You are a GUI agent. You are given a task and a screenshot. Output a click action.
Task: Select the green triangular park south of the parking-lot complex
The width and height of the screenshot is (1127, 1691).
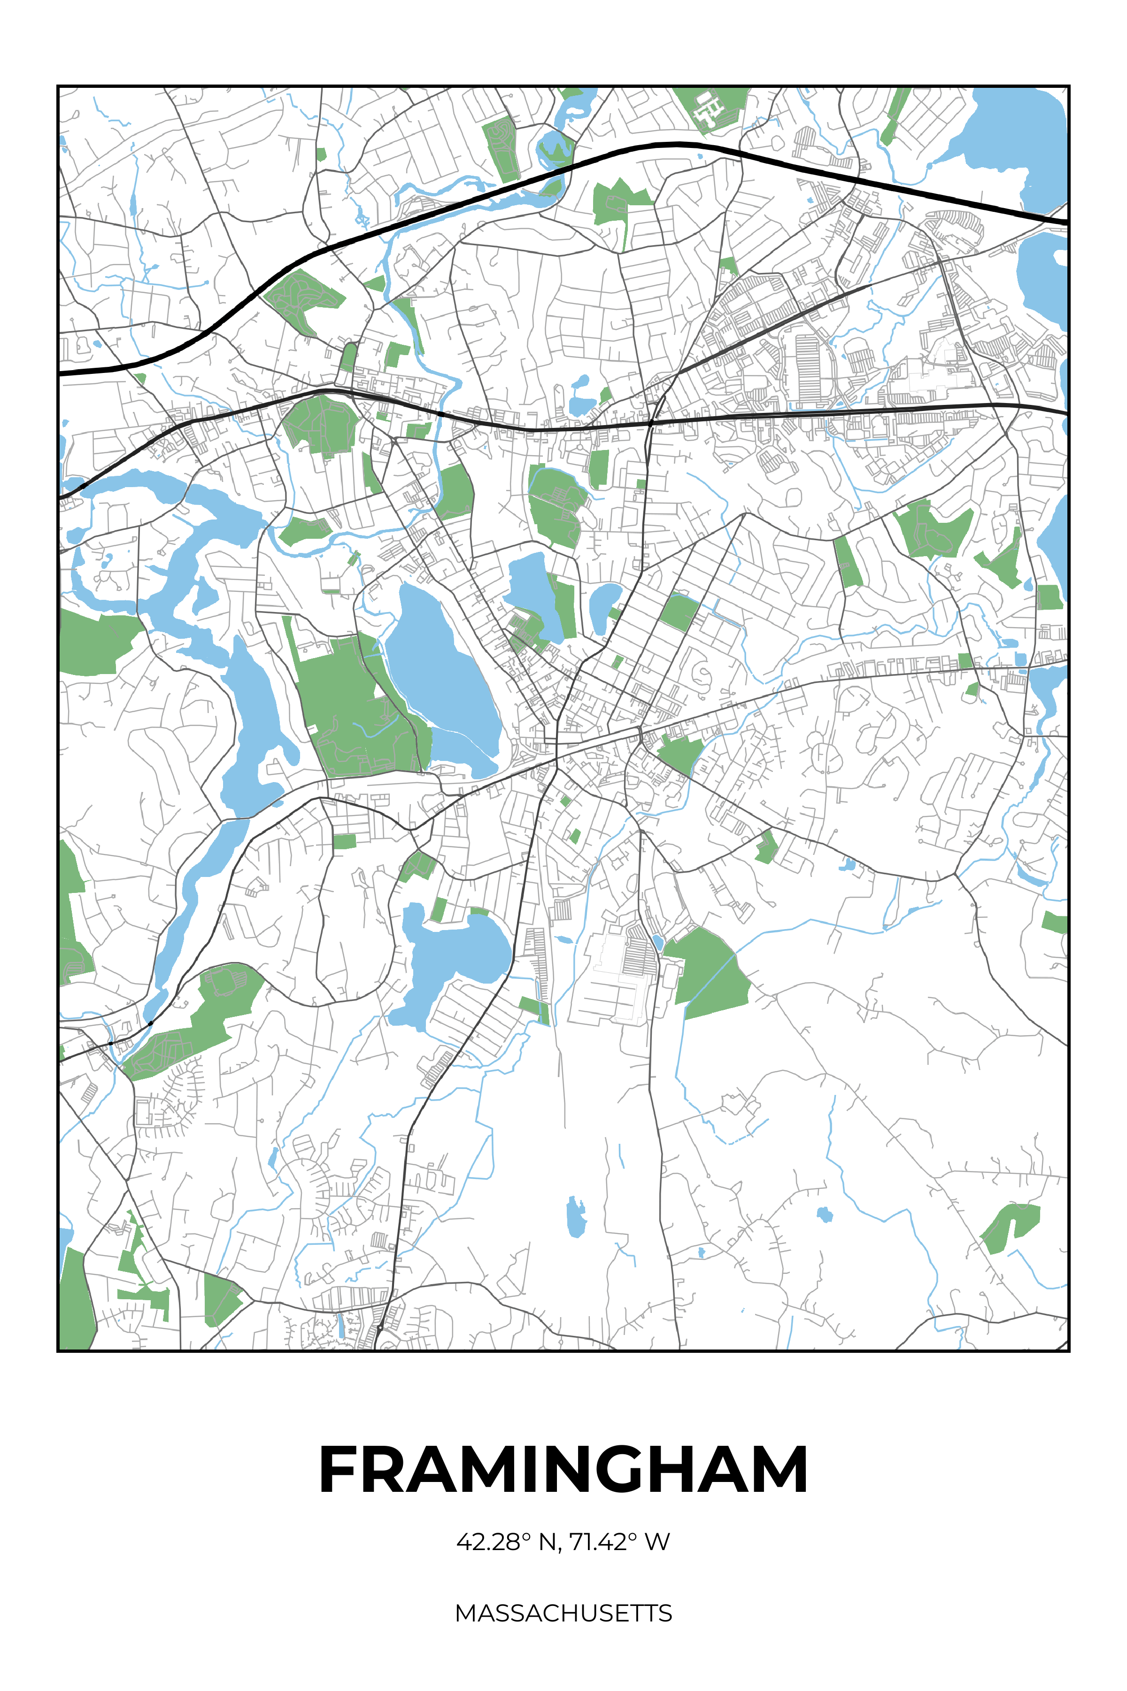[708, 967]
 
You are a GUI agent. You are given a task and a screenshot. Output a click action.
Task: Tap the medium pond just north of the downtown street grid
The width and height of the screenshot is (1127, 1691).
[532, 590]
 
